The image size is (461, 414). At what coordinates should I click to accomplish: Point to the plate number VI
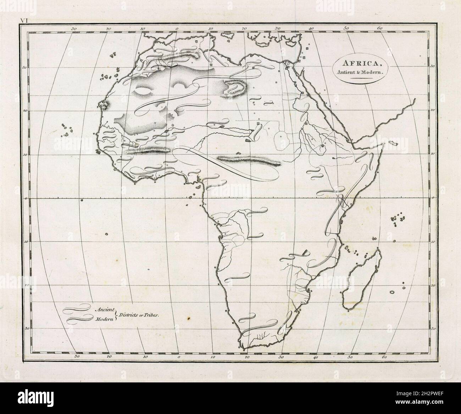pyautogui.click(x=24, y=21)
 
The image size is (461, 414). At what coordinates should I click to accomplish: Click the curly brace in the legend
pyautogui.click(x=116, y=314)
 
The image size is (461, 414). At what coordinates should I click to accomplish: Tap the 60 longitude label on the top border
pyautogui.click(x=379, y=28)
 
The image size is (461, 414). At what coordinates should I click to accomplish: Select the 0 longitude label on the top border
pyautogui.click(x=177, y=28)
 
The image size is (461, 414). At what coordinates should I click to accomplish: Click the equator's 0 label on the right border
pyautogui.click(x=433, y=198)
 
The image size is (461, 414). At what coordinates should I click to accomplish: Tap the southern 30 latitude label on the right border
pyautogui.click(x=433, y=329)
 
